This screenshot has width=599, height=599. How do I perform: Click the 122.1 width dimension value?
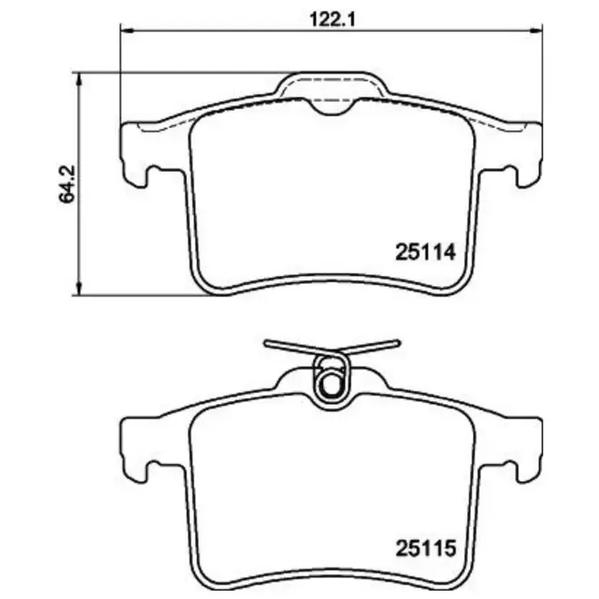coord(331,19)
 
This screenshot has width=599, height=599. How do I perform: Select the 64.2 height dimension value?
coord(67,183)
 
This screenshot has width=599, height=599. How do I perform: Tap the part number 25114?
coord(426,252)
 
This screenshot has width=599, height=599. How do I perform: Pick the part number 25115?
coord(426,548)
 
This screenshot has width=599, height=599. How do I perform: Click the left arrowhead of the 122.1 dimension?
coord(126,29)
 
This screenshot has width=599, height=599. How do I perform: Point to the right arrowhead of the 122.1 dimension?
coord(536,29)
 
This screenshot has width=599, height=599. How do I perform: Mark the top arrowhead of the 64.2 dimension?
coord(79,79)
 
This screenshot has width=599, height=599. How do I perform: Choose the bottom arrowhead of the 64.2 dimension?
coord(79,289)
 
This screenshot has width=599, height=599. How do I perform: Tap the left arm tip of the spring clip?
coord(267,343)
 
